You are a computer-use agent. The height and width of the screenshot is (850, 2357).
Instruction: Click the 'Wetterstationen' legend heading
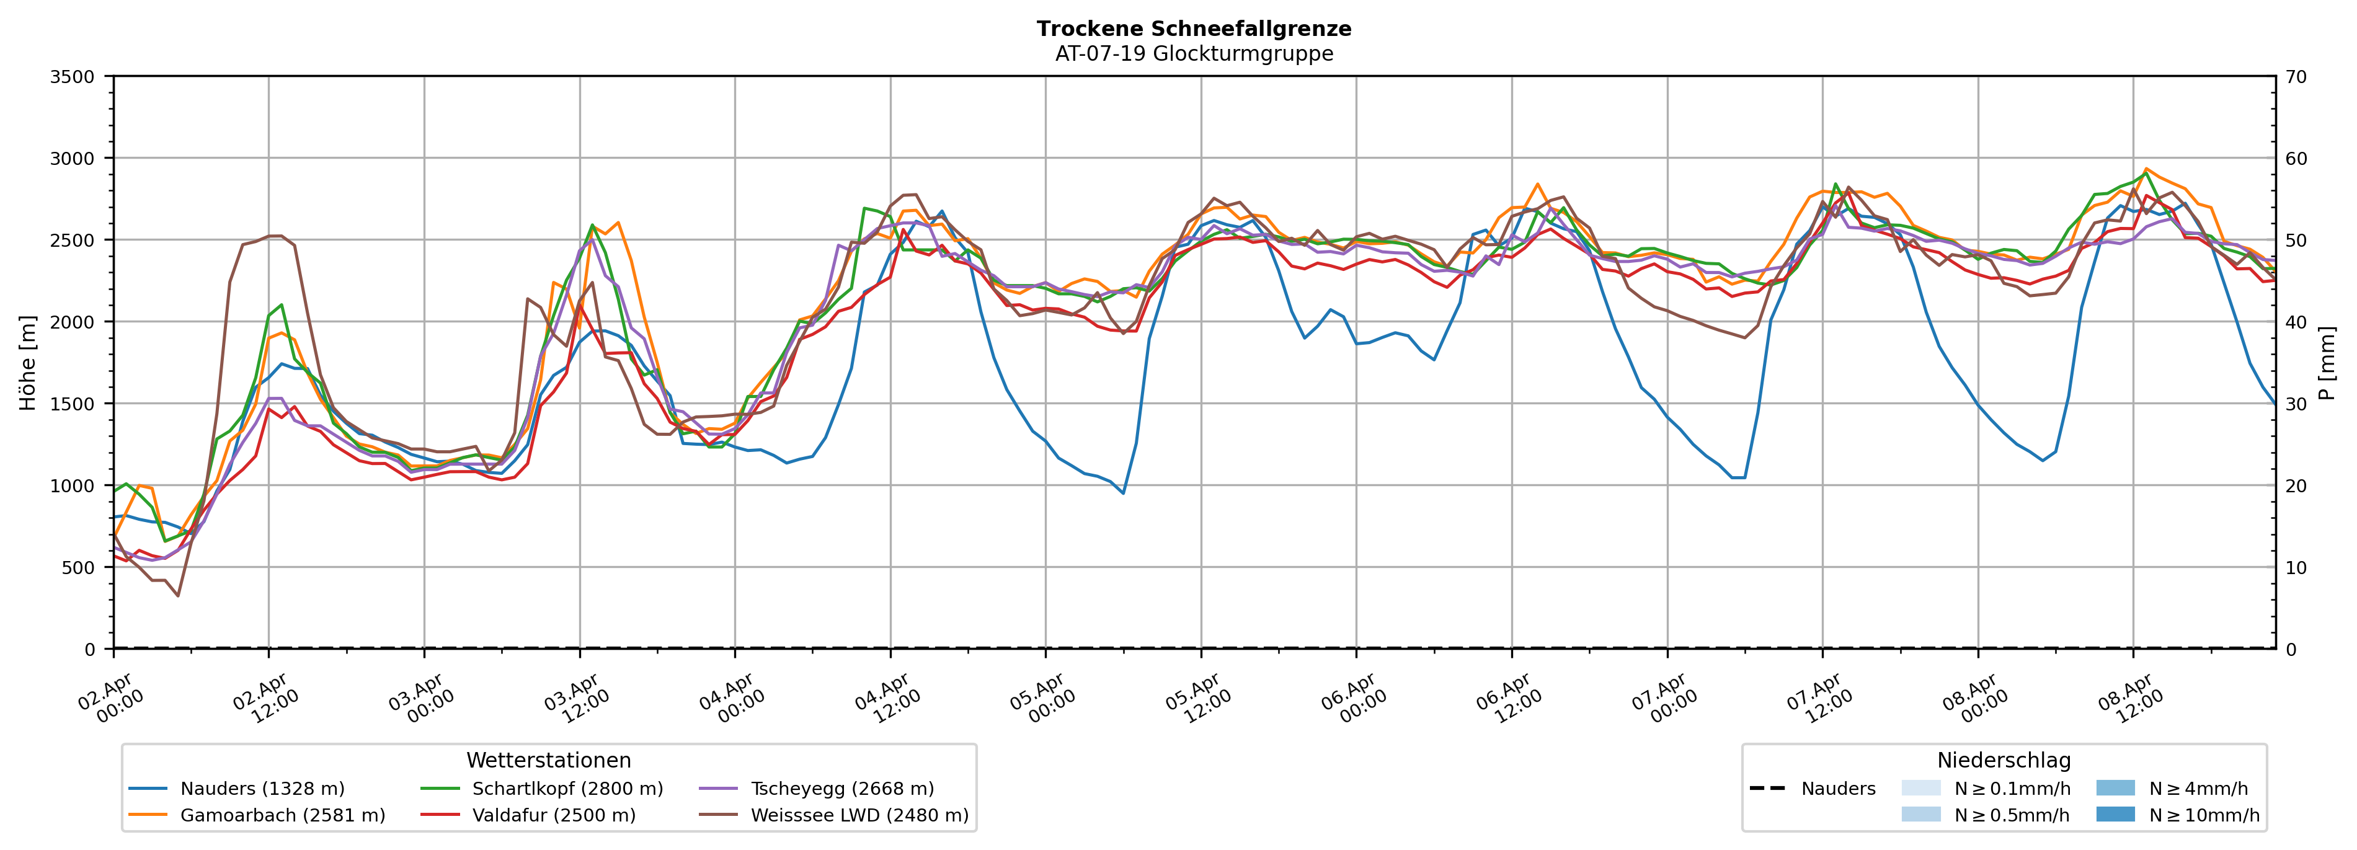point(548,760)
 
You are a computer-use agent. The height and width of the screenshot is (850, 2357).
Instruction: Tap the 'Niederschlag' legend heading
point(2003,760)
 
